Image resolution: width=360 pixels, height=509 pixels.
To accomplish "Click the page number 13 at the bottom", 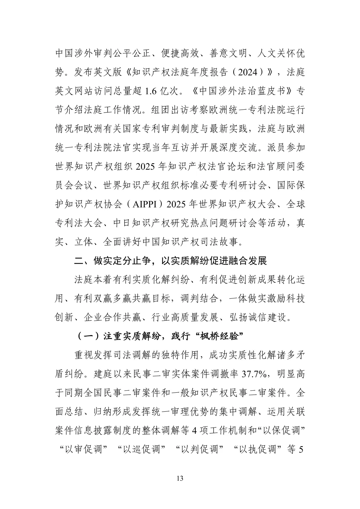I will (180, 479).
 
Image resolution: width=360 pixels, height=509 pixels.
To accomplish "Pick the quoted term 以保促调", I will (281, 430).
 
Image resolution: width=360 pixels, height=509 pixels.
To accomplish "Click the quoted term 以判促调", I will (200, 449).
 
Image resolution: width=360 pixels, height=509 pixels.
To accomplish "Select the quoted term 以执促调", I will (258, 449).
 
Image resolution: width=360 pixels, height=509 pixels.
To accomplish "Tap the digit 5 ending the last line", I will (301, 449).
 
